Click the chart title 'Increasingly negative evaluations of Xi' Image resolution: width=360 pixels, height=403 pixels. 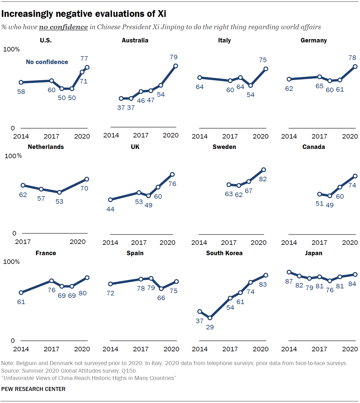[x=84, y=14]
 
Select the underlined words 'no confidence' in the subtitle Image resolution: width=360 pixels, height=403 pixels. [x=63, y=27]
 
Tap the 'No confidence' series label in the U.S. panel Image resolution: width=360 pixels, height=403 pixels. [x=47, y=62]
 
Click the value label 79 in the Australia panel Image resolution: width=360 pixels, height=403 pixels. [x=174, y=57]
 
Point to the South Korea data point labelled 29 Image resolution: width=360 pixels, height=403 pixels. [x=210, y=318]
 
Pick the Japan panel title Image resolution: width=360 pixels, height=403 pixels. [x=314, y=253]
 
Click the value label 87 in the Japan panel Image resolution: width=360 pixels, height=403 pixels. [x=289, y=281]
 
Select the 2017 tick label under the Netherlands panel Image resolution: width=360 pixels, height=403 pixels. [x=23, y=242]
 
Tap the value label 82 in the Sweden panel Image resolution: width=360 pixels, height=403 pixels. [x=263, y=179]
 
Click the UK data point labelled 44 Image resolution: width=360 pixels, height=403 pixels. [x=110, y=200]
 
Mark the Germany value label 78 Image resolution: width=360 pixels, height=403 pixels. [x=352, y=58]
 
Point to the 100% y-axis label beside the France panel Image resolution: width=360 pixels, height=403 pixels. [x=12, y=262]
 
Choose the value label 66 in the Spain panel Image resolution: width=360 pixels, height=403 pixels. [x=161, y=298]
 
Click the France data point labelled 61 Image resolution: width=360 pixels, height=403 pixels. [x=21, y=293]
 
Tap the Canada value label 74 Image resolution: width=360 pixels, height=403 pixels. [x=352, y=185]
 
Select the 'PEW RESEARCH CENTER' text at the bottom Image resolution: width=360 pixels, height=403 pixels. [x=33, y=389]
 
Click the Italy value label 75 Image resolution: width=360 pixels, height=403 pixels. [x=263, y=60]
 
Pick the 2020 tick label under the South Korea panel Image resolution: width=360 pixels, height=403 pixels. [x=260, y=349]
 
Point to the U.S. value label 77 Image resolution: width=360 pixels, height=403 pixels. [x=84, y=58]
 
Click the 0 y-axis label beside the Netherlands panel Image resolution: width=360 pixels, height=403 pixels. [x=14, y=233]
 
